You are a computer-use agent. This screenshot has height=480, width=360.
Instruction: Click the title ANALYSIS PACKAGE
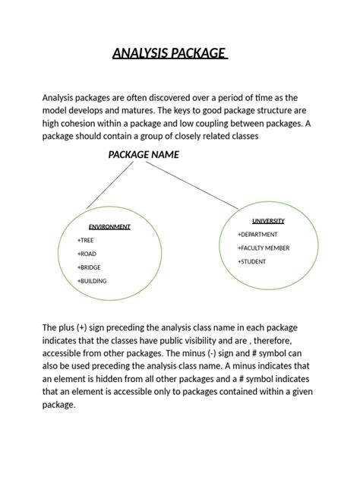(x=169, y=53)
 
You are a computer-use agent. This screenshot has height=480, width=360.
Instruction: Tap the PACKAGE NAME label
(x=144, y=154)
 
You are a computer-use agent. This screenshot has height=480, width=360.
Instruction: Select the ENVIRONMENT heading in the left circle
(x=109, y=226)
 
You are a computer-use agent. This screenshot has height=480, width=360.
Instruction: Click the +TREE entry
(x=85, y=240)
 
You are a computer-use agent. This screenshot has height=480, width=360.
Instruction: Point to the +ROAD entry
(x=87, y=254)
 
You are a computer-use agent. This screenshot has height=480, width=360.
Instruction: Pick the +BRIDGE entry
(x=89, y=267)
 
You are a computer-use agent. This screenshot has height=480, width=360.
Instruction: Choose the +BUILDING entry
(x=92, y=281)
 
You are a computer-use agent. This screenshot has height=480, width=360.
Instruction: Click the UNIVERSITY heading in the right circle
(x=268, y=221)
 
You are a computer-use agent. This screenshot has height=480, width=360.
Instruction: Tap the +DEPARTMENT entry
(x=257, y=235)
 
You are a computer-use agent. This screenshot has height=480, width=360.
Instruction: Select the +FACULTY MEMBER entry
(x=264, y=248)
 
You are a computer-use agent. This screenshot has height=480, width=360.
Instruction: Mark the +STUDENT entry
(x=252, y=262)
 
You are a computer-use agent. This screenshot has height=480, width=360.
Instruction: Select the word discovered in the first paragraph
(x=169, y=98)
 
